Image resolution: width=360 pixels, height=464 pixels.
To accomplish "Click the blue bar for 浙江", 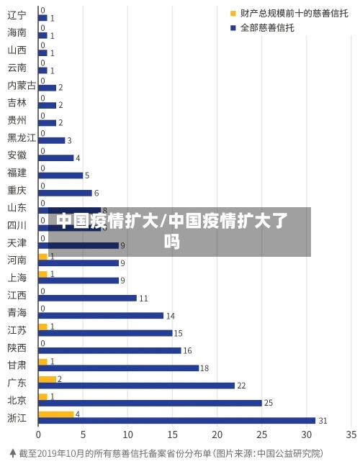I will pyautogui.click(x=176, y=420).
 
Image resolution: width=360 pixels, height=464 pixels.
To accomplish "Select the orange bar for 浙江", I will pyautogui.click(x=56, y=414).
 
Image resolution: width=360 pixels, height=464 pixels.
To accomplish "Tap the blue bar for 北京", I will pyautogui.click(x=150, y=403).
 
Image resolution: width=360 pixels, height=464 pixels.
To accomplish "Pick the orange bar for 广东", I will pyautogui.click(x=47, y=379).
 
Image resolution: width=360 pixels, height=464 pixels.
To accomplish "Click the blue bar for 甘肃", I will pyautogui.click(x=119, y=368).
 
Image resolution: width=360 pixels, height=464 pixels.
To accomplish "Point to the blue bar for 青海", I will pyautogui.click(x=101, y=315).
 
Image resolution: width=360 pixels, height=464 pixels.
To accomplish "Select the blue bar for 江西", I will pyautogui.click(x=87, y=298).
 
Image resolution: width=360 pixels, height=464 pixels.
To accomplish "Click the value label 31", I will pyautogui.click(x=323, y=420).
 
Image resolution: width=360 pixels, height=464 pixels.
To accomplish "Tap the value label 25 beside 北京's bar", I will pyautogui.click(x=269, y=403).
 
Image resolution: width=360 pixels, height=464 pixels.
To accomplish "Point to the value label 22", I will pyautogui.click(x=242, y=386).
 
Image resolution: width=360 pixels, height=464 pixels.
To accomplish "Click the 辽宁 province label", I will pyautogui.click(x=17, y=15).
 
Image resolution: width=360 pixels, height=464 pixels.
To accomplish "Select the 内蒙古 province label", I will pyautogui.click(x=22, y=85).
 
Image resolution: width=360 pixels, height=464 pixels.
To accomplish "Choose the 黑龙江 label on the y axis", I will pyautogui.click(x=22, y=137).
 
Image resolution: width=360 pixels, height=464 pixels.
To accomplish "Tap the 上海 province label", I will pyautogui.click(x=17, y=278).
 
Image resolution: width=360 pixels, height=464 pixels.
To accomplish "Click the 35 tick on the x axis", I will pyautogui.click(x=351, y=435).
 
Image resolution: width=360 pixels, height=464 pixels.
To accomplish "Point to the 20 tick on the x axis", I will pyautogui.click(x=217, y=435).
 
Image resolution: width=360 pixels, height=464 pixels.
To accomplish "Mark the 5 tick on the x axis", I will pyautogui.click(x=83, y=435).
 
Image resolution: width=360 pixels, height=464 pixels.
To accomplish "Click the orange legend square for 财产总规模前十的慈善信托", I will pyautogui.click(x=233, y=13).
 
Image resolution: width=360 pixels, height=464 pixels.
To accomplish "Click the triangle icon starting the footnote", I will pyautogui.click(x=12, y=453).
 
